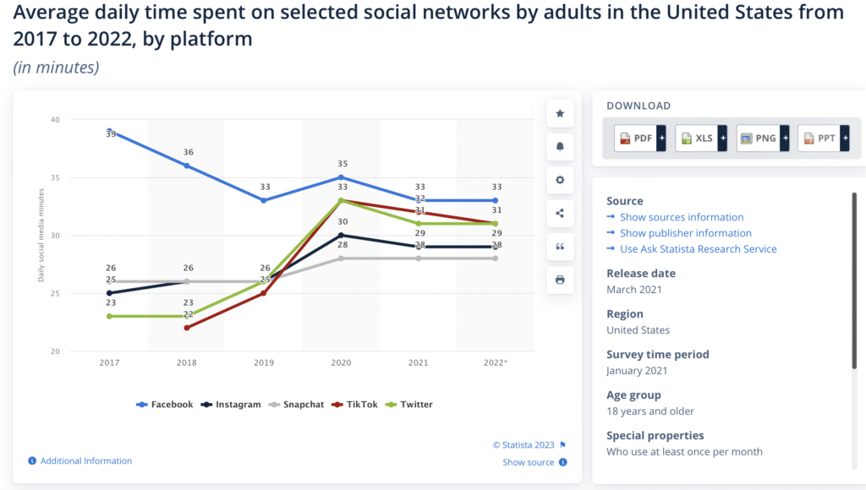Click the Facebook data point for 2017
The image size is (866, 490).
(110, 131)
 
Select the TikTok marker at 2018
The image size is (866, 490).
(187, 328)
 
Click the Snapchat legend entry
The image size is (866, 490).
(298, 405)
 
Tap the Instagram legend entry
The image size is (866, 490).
(231, 405)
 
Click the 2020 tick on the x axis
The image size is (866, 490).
(341, 362)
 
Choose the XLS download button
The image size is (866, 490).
(699, 138)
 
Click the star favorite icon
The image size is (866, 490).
(560, 113)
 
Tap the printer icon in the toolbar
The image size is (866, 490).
(560, 280)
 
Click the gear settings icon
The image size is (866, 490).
(560, 180)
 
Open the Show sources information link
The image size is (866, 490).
(681, 217)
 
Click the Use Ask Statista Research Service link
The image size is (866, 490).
(698, 248)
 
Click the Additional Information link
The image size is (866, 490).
(85, 460)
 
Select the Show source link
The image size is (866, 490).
(529, 462)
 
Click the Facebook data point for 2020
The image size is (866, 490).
(341, 177)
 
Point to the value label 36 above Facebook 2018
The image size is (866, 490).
(187, 153)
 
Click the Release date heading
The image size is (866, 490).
(640, 273)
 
